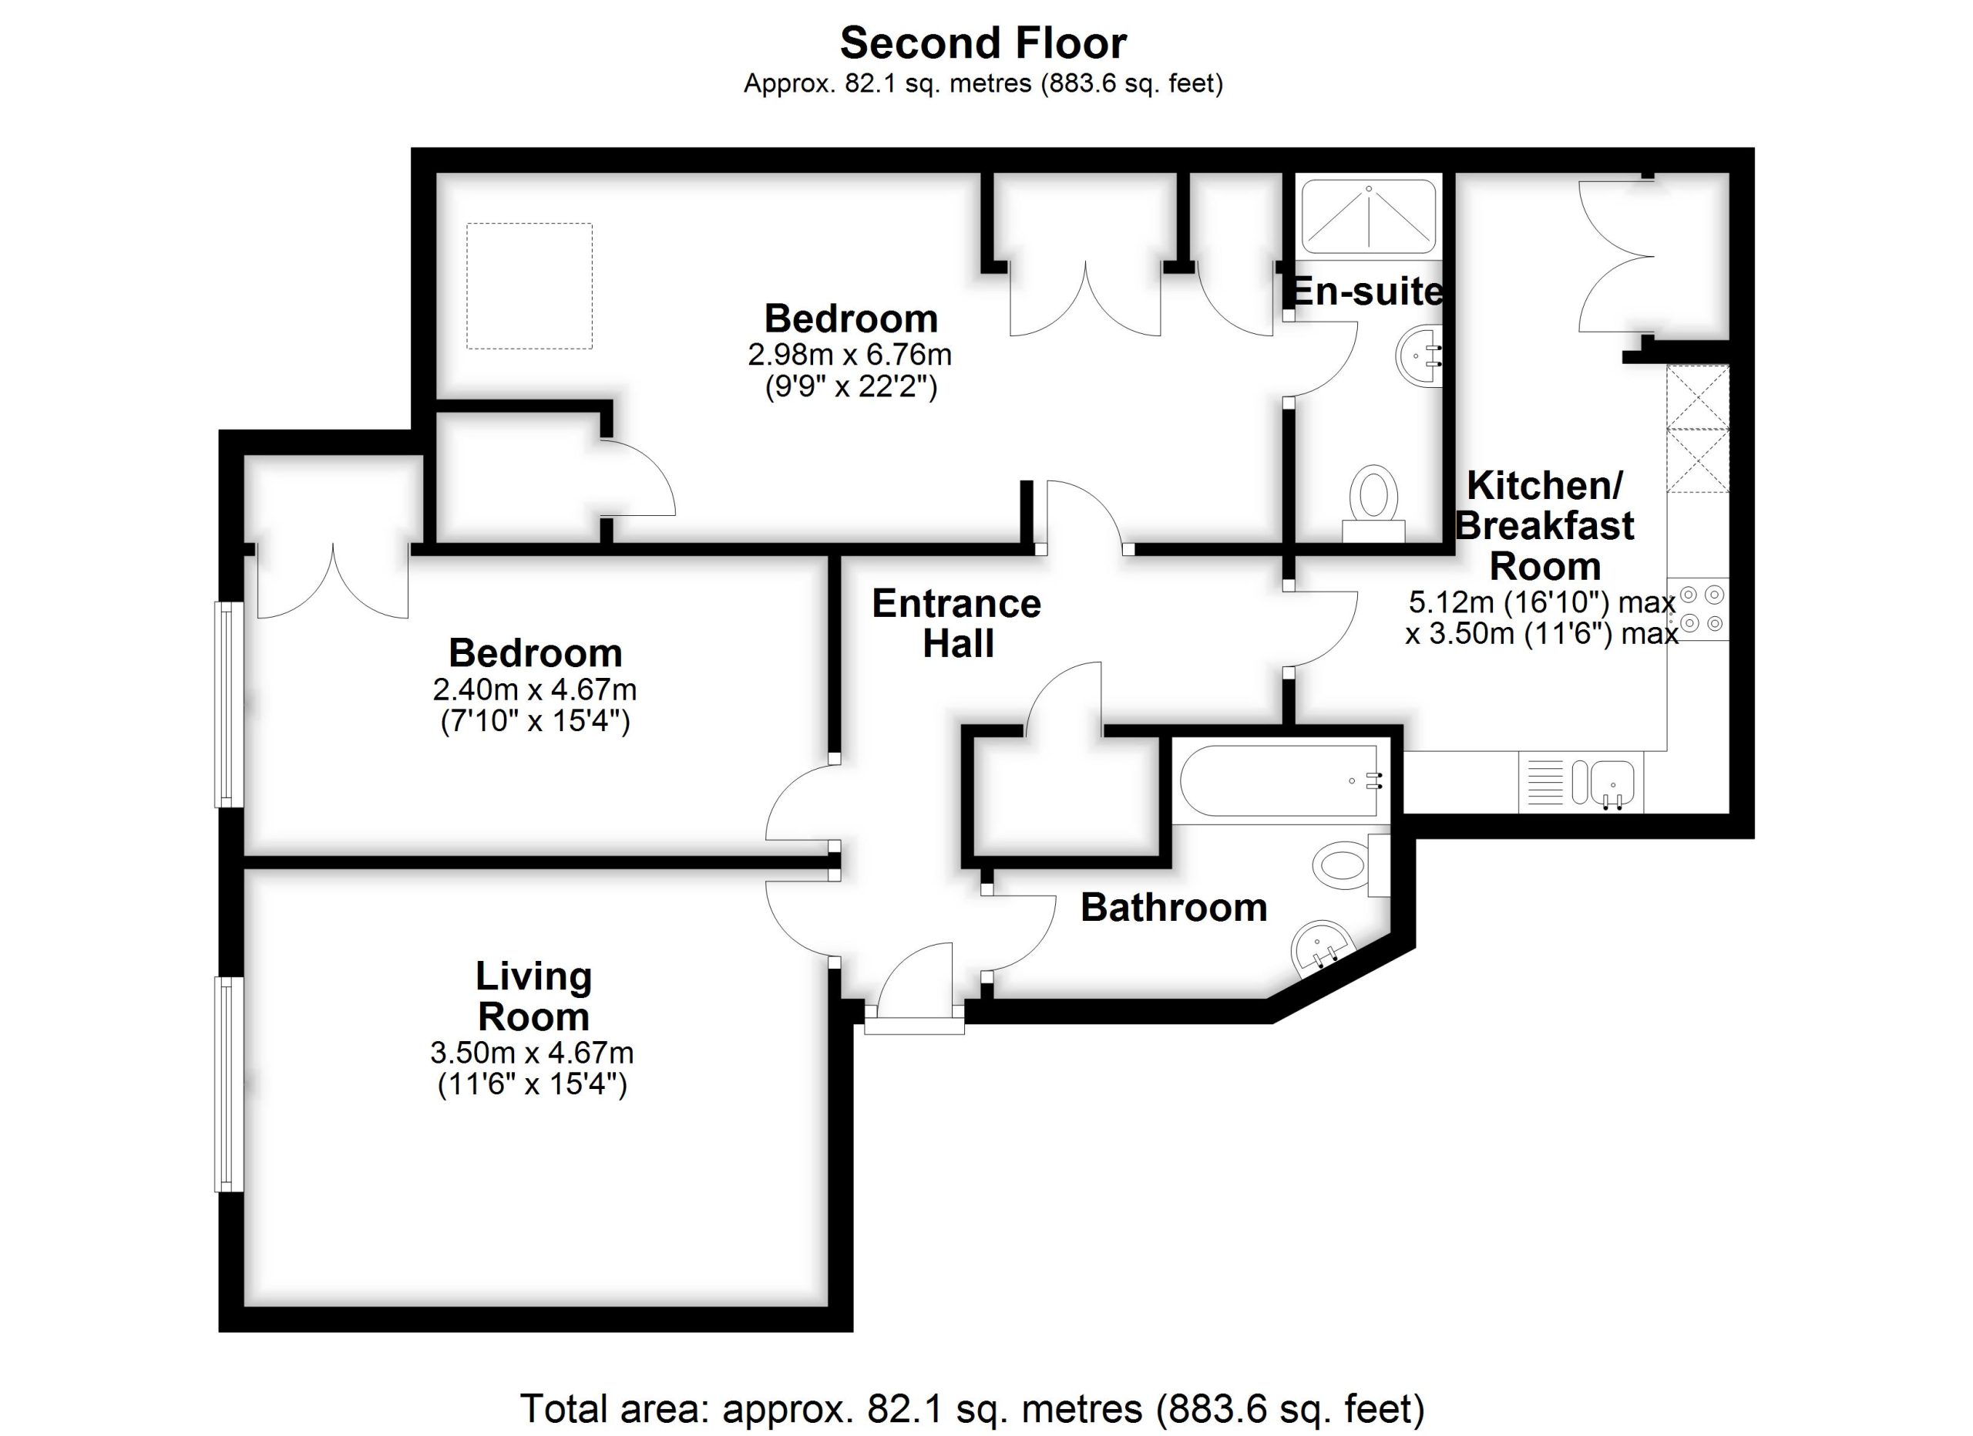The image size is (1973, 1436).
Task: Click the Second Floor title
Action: [983, 43]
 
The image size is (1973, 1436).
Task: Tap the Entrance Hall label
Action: [957, 623]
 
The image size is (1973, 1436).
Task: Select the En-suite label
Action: [1366, 292]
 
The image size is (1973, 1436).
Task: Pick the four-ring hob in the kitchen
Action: [1701, 608]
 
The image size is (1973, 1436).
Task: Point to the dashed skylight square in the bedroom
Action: [529, 286]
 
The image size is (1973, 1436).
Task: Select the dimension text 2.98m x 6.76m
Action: [849, 355]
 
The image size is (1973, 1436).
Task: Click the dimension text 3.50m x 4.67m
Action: [532, 1053]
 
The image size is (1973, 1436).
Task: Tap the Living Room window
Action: [228, 1084]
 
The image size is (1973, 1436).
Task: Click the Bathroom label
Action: [1173, 908]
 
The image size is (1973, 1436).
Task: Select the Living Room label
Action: [533, 996]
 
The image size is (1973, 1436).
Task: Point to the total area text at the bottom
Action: [972, 1408]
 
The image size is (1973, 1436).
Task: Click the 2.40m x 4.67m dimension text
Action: [534, 689]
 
